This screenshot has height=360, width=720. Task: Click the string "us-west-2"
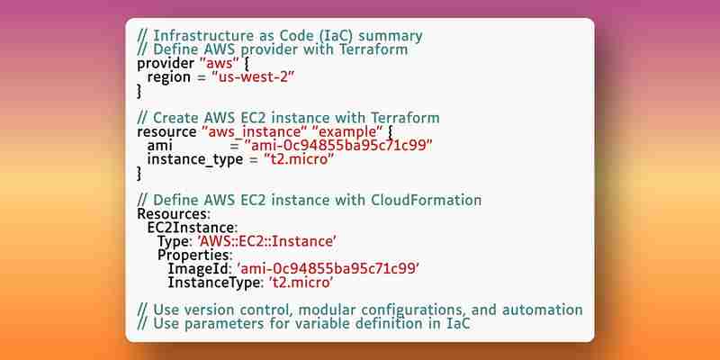(x=253, y=77)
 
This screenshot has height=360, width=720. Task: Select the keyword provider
(x=166, y=63)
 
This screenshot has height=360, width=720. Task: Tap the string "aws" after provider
(x=217, y=63)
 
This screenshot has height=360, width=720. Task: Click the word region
(x=169, y=77)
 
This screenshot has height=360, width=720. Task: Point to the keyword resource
(x=167, y=132)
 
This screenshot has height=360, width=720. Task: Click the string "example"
(x=347, y=132)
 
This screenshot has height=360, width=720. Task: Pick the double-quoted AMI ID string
(x=339, y=146)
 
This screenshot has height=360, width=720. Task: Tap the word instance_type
(x=195, y=160)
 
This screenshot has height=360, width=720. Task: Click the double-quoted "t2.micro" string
(x=299, y=160)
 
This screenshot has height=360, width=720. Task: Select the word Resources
(x=174, y=214)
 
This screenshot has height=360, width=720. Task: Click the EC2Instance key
(x=192, y=228)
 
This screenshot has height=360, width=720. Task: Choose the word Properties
(x=194, y=256)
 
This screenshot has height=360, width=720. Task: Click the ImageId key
(x=200, y=269)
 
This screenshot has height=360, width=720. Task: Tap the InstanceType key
(x=216, y=283)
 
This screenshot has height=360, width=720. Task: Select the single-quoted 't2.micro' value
(x=301, y=283)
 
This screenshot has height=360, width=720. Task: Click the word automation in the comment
(x=543, y=310)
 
